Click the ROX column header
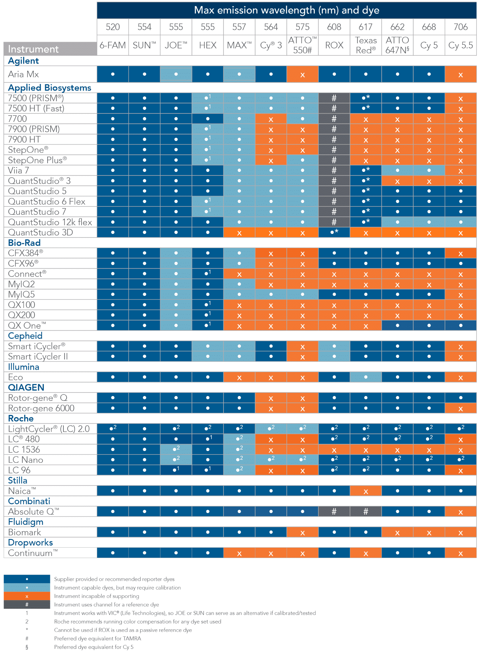point(334,45)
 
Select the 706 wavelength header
point(460,27)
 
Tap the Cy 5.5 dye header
point(460,45)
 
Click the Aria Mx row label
point(23,74)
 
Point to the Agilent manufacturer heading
point(23,61)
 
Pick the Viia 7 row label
point(18,170)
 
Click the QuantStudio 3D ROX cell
point(334,232)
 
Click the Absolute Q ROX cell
point(334,512)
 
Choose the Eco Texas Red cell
point(365,377)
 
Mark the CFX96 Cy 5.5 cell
point(460,263)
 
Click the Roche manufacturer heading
point(21,419)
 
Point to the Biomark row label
point(24,532)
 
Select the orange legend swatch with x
point(27,596)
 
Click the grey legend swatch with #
point(27,605)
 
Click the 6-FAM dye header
point(113,45)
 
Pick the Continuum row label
point(32,553)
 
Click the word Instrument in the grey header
point(33,49)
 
